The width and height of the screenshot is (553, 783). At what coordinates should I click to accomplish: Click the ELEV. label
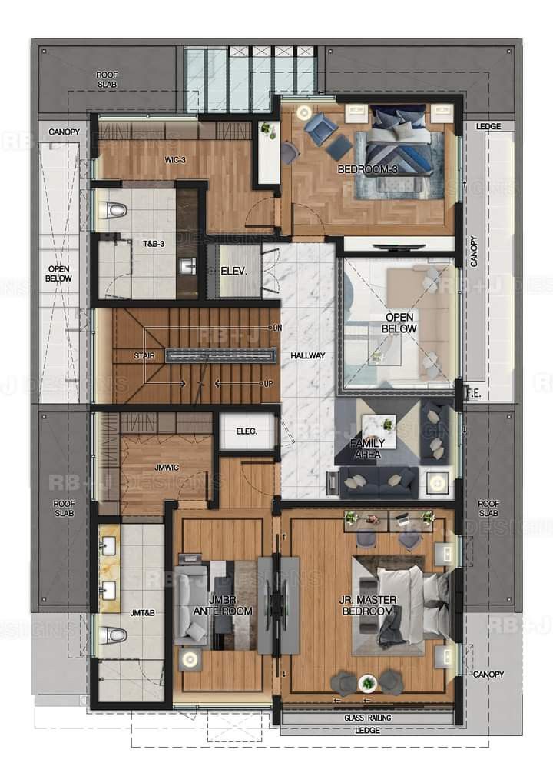coord(233,271)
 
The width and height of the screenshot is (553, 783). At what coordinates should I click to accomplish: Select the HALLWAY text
coord(308,355)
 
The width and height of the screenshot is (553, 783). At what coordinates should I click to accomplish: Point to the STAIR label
coord(144,355)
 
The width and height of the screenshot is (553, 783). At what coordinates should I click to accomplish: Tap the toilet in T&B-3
coord(114,209)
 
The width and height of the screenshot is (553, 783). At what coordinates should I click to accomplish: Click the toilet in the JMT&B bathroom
coord(114,635)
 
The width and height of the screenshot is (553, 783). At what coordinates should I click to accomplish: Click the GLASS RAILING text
coord(367,718)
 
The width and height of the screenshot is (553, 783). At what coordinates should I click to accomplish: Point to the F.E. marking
coord(473,391)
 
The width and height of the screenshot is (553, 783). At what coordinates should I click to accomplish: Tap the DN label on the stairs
coord(276,328)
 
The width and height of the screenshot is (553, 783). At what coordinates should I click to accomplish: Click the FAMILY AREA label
coord(367,448)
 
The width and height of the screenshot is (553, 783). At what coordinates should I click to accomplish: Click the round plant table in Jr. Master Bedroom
coord(369,682)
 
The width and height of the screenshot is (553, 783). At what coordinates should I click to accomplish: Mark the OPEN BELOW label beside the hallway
coord(399,323)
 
